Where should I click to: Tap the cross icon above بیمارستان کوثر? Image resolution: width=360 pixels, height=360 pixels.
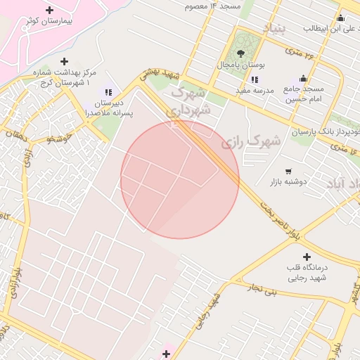[x=49, y=10]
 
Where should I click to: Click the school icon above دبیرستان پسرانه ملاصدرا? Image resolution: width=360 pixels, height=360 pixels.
[x=108, y=91]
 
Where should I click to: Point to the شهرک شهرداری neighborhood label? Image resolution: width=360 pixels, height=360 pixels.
[x=190, y=101]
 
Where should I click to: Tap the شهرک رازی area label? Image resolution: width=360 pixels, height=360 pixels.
[x=251, y=141]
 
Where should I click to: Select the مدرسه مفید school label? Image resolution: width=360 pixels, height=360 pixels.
[x=254, y=91]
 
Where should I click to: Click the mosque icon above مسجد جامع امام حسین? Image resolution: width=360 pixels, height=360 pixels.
[x=303, y=78]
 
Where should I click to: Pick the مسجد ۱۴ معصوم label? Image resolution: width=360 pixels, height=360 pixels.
[x=212, y=6]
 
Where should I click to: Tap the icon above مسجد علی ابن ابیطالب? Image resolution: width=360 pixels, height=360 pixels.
[x=340, y=18]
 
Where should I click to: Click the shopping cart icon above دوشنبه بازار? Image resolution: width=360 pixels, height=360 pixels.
[x=288, y=171]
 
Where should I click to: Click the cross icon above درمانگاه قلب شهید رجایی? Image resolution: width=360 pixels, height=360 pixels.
[x=306, y=257]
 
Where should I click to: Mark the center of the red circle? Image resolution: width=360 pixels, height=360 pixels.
[x=180, y=179]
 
